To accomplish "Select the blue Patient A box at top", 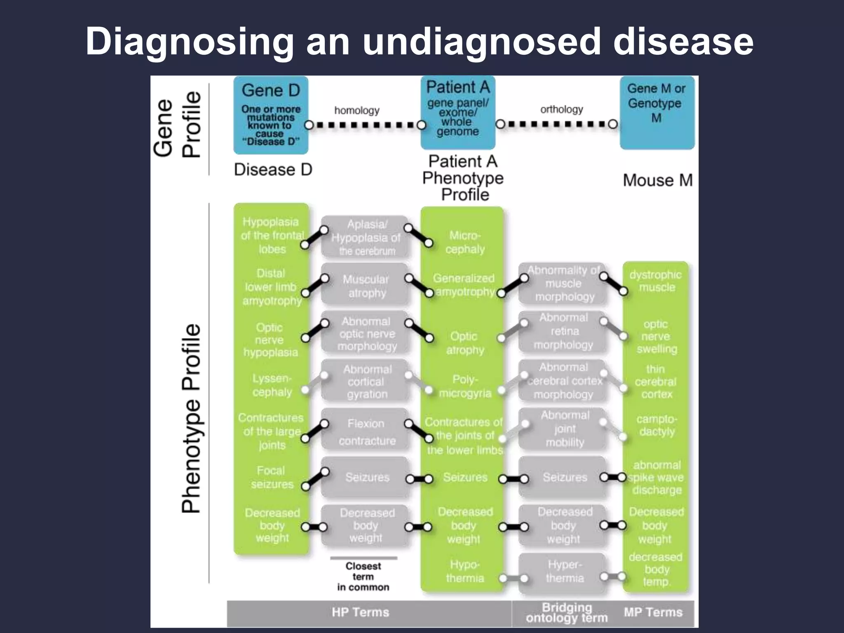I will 458,112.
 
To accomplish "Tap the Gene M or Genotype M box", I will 657,112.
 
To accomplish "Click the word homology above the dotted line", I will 357,110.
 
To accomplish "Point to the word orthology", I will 562,109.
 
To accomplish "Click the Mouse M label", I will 658,181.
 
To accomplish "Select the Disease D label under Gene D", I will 273,169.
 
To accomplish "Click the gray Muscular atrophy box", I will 366,286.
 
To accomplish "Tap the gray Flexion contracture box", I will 366,432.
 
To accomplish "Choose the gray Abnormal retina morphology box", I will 564,331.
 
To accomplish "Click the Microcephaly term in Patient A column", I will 465,242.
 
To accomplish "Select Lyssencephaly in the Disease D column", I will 272,385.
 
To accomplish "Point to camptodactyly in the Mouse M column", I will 657,425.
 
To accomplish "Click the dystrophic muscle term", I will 656,281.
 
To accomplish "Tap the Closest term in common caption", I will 363,577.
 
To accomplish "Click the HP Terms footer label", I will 361,612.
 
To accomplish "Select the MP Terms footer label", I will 653,612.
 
